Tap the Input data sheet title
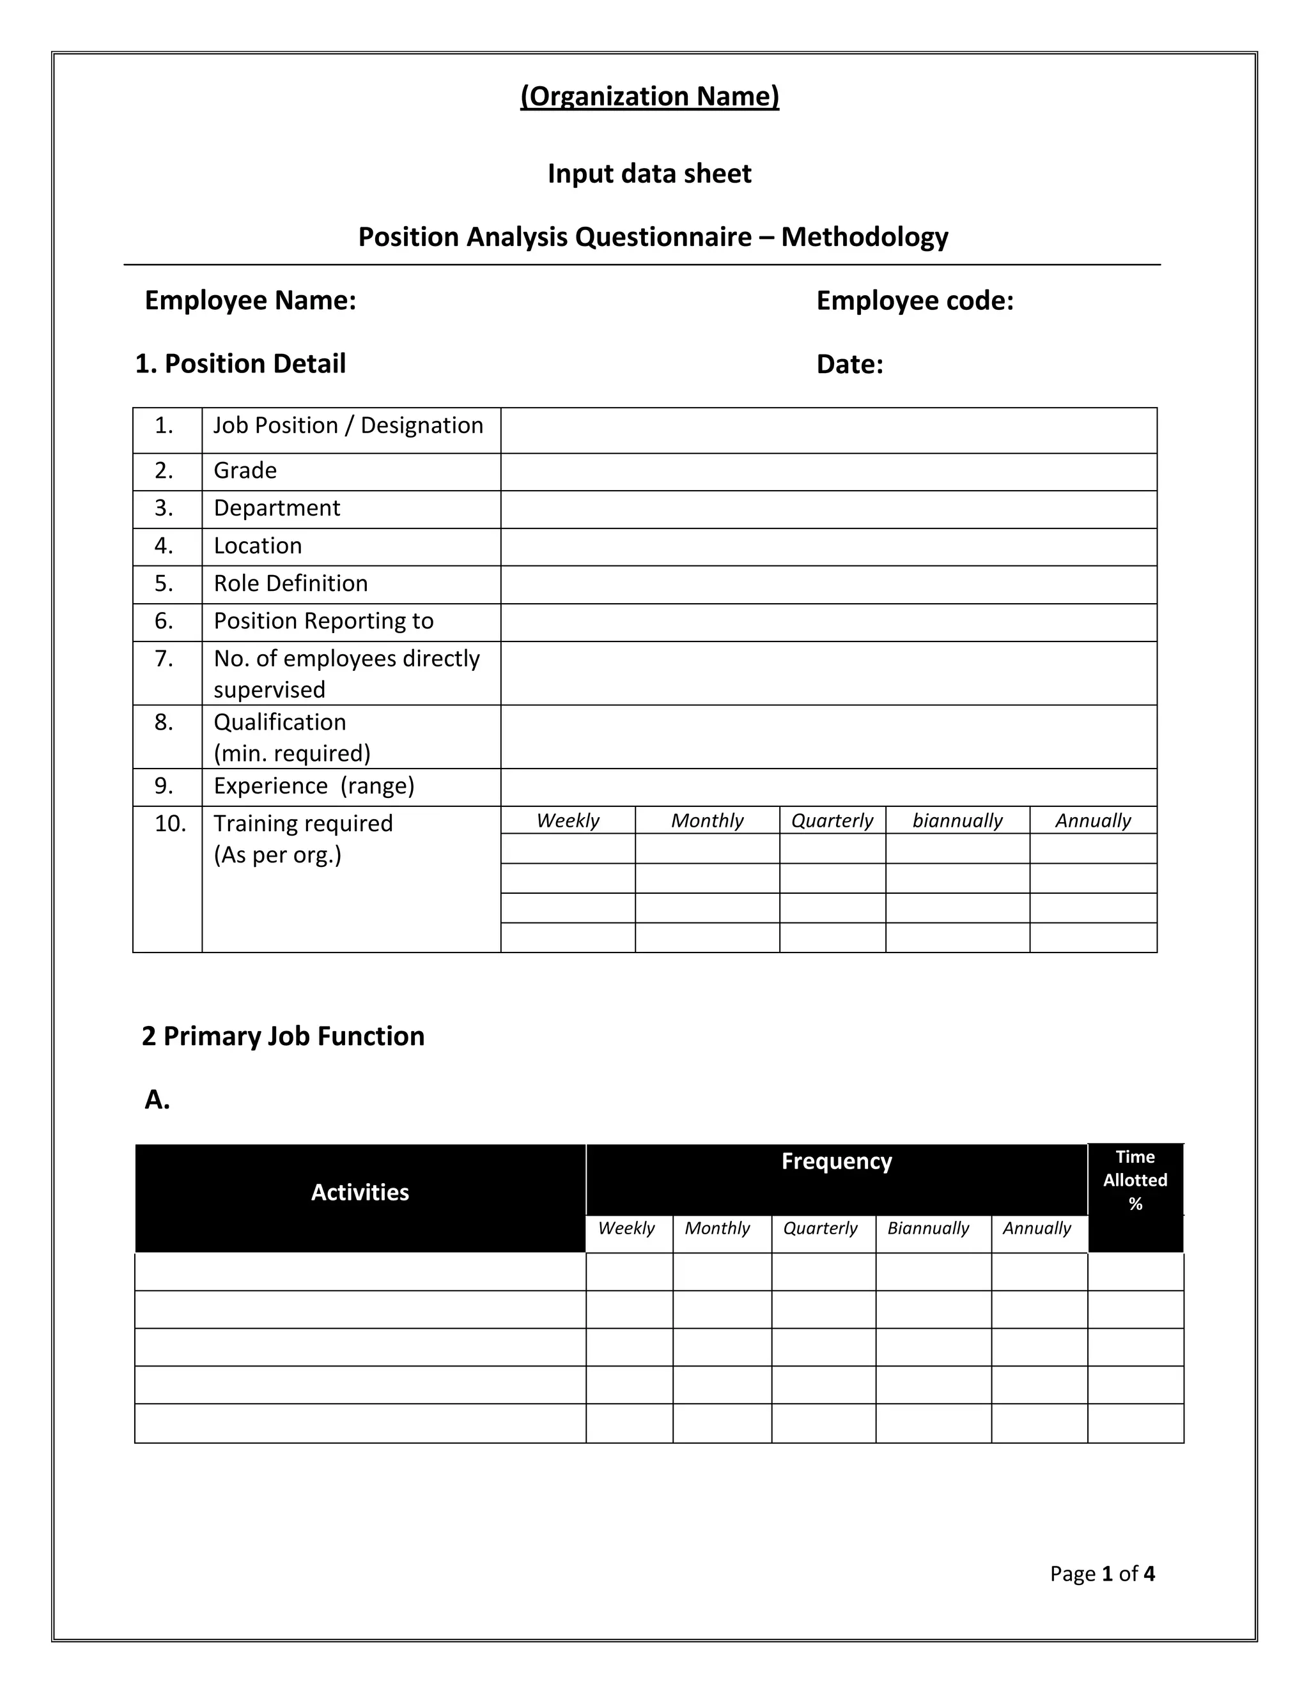click(x=649, y=174)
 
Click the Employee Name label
click(x=250, y=301)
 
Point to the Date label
click(x=849, y=364)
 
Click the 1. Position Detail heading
click(x=240, y=364)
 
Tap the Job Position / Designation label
click(x=348, y=425)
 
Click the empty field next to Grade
click(x=828, y=472)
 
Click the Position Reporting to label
click(x=323, y=621)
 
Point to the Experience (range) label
click(x=314, y=786)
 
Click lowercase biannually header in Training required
click(x=957, y=820)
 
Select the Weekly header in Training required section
click(x=568, y=820)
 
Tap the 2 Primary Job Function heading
click(x=283, y=1036)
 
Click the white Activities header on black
click(x=360, y=1192)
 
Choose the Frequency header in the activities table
click(x=836, y=1161)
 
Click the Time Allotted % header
click(x=1135, y=1180)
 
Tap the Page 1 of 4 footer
click(x=1101, y=1574)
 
